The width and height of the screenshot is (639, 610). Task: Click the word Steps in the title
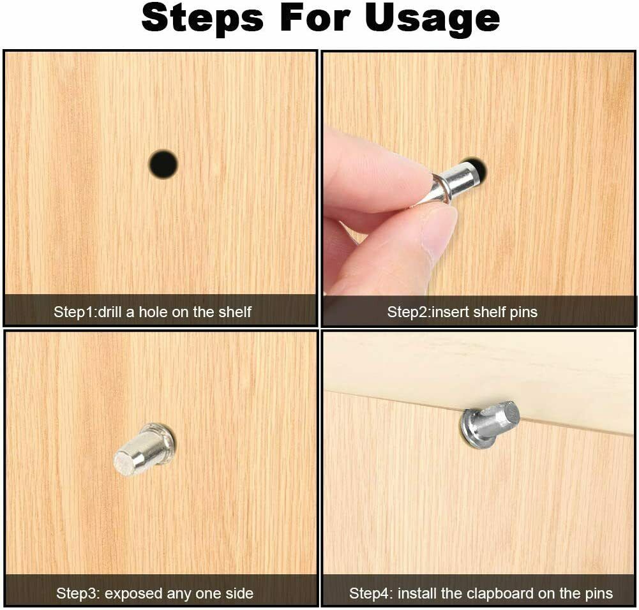coord(202,19)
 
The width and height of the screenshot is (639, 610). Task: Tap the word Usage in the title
coord(432,19)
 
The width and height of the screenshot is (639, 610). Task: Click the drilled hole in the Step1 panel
coord(163,164)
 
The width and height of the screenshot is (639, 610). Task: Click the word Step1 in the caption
coord(74,312)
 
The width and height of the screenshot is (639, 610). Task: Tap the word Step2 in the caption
coord(408,312)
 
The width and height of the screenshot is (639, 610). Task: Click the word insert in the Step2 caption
coord(449,312)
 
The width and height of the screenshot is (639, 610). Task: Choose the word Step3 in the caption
coord(76,593)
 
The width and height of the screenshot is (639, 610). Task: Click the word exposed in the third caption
coord(130,593)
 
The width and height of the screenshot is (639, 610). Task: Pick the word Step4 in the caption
coord(370,593)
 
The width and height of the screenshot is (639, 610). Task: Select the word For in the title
coord(313,19)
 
